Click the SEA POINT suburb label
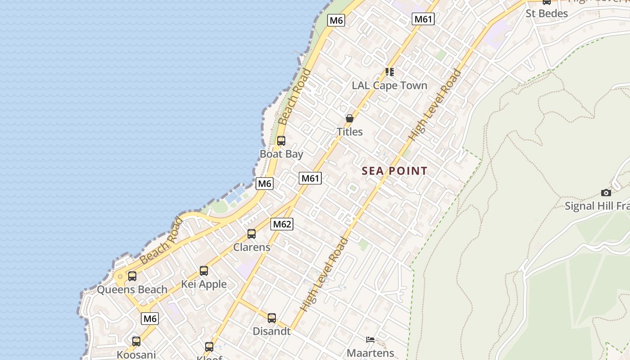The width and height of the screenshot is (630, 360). [394, 171]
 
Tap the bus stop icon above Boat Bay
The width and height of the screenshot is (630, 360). [281, 141]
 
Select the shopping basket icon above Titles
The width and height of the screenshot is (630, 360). [349, 118]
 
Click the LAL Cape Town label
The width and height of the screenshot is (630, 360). [389, 85]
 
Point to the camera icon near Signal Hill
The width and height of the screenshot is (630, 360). [606, 193]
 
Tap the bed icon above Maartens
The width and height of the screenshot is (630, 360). [370, 340]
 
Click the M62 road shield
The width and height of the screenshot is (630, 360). [282, 224]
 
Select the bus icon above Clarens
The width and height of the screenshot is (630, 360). [252, 234]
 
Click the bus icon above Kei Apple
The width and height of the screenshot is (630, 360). [204, 271]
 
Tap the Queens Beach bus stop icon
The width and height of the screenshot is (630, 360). [132, 276]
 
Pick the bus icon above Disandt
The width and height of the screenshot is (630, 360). [272, 318]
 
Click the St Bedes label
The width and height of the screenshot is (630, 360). [547, 13]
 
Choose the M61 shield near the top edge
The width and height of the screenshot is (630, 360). [423, 19]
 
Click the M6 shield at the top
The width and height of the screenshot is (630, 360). [336, 20]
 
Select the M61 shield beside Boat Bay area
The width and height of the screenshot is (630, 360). [310, 178]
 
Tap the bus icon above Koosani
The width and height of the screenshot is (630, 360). [136, 342]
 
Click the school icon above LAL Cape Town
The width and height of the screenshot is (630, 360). [390, 72]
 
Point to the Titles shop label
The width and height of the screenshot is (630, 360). [350, 131]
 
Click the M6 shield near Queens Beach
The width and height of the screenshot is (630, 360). [150, 319]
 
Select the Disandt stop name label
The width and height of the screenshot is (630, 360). [271, 331]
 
